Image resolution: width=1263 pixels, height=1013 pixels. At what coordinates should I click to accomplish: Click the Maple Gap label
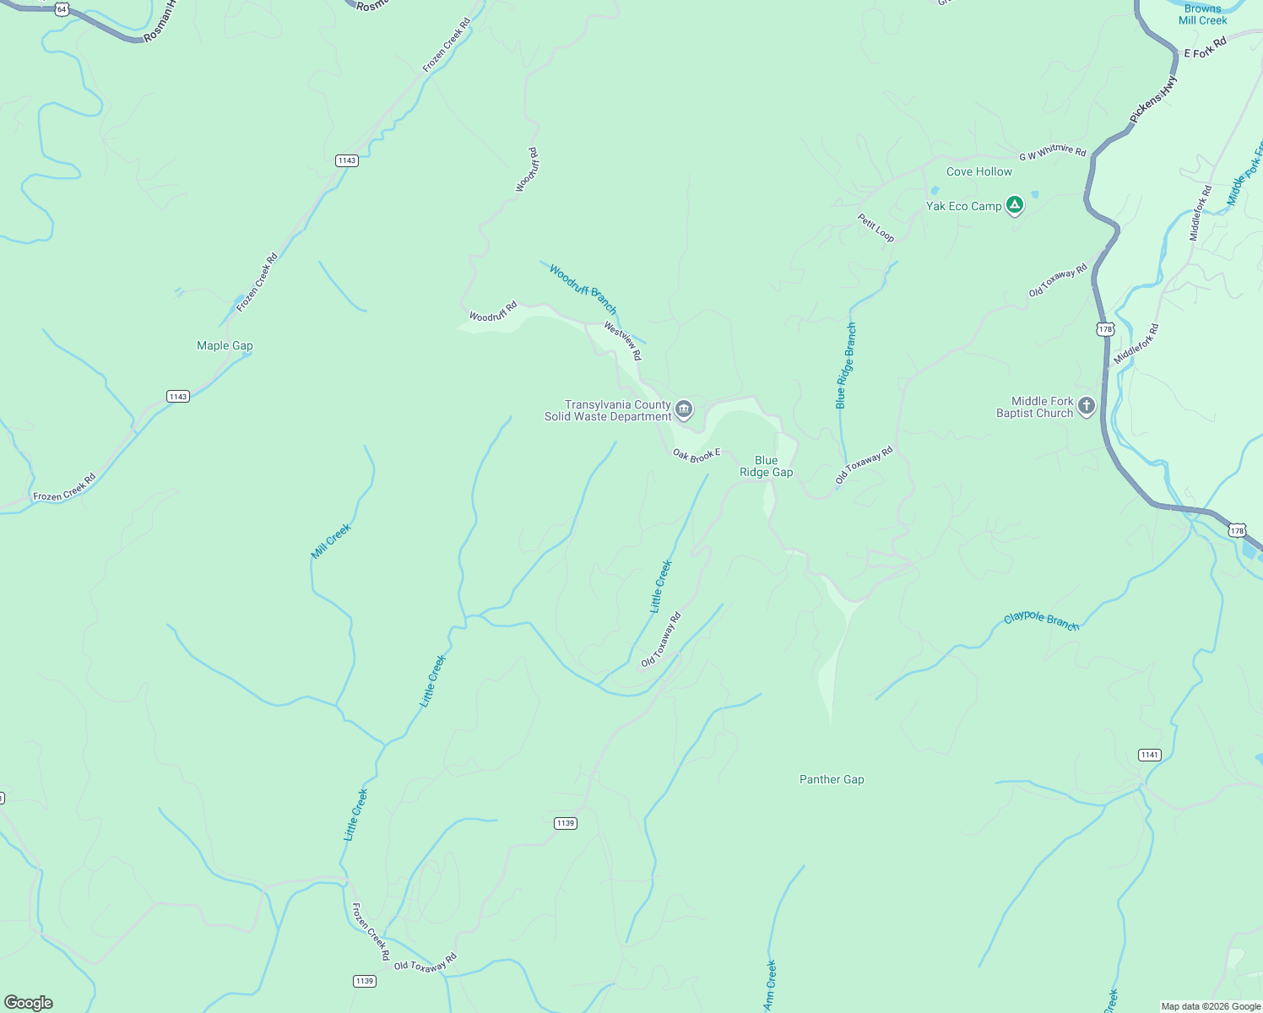pyautogui.click(x=225, y=345)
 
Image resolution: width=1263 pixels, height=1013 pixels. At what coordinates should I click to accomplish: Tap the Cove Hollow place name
pyautogui.click(x=978, y=171)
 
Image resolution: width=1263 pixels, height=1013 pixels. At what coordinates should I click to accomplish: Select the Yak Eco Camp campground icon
pyautogui.click(x=1015, y=205)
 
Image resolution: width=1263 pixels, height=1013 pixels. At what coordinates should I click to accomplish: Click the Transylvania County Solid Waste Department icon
pyautogui.click(x=684, y=410)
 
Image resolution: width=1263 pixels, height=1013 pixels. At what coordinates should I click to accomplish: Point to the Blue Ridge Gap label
pyautogui.click(x=766, y=467)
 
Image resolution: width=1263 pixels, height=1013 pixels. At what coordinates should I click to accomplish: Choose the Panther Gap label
pyautogui.click(x=832, y=779)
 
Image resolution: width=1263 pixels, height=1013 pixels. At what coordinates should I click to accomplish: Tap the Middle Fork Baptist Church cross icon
pyautogui.click(x=1087, y=407)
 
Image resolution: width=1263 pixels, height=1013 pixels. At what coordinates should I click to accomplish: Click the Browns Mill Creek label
pyautogui.click(x=1202, y=14)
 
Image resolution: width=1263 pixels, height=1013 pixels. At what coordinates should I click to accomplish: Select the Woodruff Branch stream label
pyautogui.click(x=583, y=289)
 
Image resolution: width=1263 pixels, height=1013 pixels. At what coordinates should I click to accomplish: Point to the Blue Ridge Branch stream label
pyautogui.click(x=846, y=366)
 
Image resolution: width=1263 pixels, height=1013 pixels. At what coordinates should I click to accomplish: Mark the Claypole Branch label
pyautogui.click(x=1041, y=620)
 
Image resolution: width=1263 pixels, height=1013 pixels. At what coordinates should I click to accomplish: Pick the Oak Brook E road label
pyautogui.click(x=697, y=455)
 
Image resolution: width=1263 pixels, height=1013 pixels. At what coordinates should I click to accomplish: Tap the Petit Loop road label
pyautogui.click(x=875, y=227)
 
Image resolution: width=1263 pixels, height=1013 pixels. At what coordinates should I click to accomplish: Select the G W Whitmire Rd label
pyautogui.click(x=1052, y=152)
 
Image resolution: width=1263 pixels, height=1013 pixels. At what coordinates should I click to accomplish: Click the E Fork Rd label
pyautogui.click(x=1205, y=48)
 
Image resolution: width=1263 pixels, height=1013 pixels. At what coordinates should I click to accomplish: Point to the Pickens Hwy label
pyautogui.click(x=1153, y=100)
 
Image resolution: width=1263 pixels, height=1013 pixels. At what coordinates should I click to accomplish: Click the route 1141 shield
pyautogui.click(x=1149, y=755)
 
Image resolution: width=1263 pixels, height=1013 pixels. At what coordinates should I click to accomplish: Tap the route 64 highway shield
pyautogui.click(x=62, y=8)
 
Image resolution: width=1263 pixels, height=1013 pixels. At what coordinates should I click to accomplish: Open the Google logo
pyautogui.click(x=28, y=1003)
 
